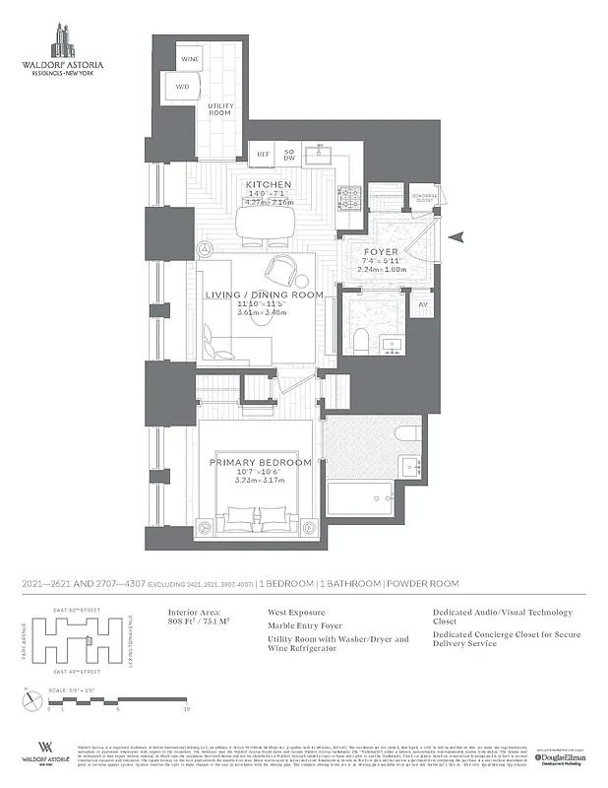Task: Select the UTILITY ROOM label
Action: click(x=220, y=108)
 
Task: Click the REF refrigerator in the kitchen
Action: click(x=264, y=155)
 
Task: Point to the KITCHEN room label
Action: click(x=269, y=185)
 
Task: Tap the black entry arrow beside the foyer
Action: click(x=455, y=236)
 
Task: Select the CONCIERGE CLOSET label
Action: click(x=423, y=197)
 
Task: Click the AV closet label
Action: click(x=423, y=304)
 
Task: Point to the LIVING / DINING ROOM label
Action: click(x=264, y=295)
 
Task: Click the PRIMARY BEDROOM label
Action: click(x=261, y=462)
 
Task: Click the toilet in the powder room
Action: click(x=360, y=340)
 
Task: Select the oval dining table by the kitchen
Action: click(x=265, y=221)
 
